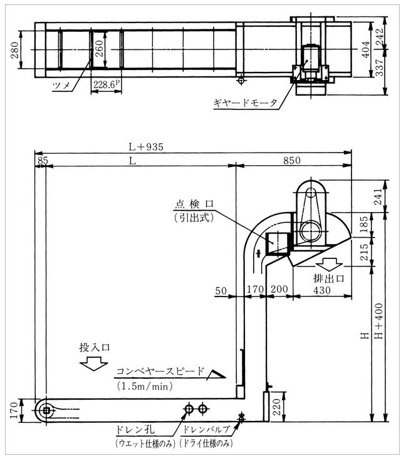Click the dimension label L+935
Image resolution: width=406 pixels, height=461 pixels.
[146, 146]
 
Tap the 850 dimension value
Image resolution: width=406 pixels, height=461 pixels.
[292, 161]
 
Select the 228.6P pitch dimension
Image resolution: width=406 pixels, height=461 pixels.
[107, 84]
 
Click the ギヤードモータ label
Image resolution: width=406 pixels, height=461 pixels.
[245, 103]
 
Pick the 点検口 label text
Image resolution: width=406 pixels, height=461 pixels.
[194, 204]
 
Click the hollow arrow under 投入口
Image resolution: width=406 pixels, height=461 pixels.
[94, 363]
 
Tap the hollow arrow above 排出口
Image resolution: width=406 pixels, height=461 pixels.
[328, 264]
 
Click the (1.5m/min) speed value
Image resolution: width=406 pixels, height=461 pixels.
[145, 386]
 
